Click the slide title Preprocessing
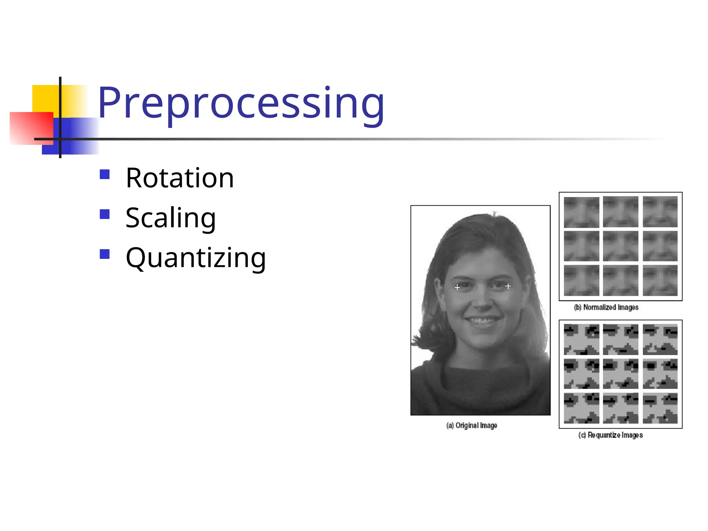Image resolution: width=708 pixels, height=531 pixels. pos(241,103)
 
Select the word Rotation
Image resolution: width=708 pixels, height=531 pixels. pos(180,178)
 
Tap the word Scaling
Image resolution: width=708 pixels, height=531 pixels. pos(171,218)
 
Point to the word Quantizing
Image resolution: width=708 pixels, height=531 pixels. pos(196,258)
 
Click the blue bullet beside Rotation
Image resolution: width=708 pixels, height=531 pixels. pos(104,174)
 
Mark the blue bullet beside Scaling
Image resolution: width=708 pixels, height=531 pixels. pos(104,214)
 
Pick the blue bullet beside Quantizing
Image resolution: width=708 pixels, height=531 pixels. pos(104,254)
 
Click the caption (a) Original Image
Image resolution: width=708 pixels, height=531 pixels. pos(472,426)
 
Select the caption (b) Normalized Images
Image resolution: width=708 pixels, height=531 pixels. pos(606,307)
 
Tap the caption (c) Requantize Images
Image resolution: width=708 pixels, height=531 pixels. pos(611,435)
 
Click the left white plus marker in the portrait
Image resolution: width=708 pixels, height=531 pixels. pos(457,287)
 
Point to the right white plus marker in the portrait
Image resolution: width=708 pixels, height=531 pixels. pos(508,286)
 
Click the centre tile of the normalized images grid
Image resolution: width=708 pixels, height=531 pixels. pos(621,246)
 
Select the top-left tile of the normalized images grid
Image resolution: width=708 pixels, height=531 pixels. pos(581,212)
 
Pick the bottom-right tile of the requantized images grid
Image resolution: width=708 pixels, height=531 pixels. pos(660,408)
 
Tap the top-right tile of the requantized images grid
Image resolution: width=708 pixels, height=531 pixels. pos(660,339)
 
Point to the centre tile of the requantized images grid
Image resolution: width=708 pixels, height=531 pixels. pos(621,374)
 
